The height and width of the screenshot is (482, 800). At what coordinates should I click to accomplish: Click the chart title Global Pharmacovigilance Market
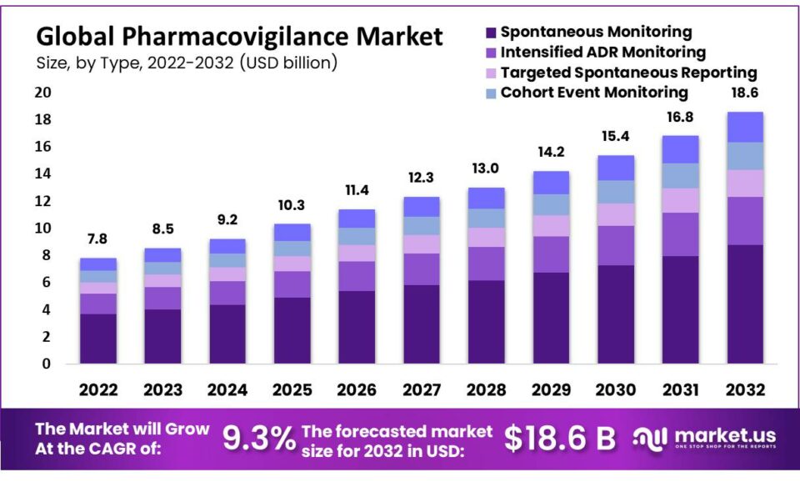click(x=239, y=37)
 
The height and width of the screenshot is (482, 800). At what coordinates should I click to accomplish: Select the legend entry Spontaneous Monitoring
click(x=596, y=33)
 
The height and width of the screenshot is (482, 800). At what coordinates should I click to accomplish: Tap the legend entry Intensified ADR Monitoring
click(x=602, y=53)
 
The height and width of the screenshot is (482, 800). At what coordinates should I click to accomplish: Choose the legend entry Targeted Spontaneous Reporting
click(x=628, y=73)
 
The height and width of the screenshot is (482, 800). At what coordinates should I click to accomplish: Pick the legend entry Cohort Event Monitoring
click(x=594, y=93)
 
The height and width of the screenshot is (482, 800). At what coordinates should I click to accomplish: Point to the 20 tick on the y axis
click(x=42, y=93)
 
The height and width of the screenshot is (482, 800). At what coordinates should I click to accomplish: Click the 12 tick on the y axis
click(x=42, y=201)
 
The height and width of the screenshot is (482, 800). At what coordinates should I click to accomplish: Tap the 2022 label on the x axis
click(x=98, y=389)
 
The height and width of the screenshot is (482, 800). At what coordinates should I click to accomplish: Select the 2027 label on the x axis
click(x=421, y=389)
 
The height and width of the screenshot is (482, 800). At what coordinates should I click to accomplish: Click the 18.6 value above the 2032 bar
click(x=744, y=93)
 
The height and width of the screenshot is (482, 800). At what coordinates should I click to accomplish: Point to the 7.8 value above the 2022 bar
click(x=98, y=240)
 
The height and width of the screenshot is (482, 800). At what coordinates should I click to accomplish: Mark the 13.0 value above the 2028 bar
click(x=485, y=169)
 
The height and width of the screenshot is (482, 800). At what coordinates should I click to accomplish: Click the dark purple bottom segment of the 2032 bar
click(x=744, y=304)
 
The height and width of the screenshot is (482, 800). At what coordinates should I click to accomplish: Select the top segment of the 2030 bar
click(x=615, y=168)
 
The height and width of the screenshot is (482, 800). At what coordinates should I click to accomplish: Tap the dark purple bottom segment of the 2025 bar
click(x=292, y=330)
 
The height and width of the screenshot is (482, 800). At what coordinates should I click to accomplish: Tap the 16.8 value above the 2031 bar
click(x=679, y=118)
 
